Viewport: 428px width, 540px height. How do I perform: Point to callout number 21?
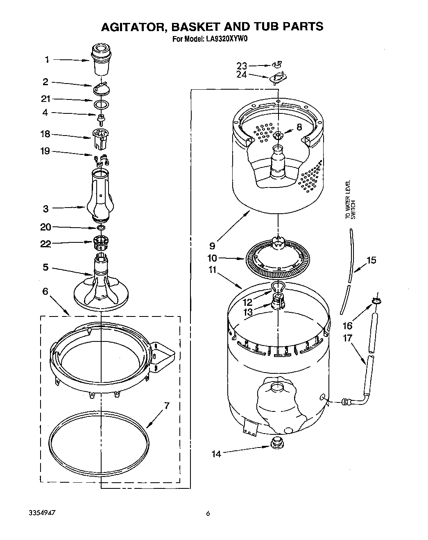45,99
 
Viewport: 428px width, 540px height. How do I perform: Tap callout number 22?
45,244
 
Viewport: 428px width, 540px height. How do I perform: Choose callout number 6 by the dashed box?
45,291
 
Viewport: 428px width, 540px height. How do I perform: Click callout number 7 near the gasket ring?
166,406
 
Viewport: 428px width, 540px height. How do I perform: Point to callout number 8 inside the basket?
299,127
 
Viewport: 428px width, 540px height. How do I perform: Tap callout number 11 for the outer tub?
213,271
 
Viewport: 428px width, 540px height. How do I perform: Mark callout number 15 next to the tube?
371,260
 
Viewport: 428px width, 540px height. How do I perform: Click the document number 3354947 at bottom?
42,513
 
